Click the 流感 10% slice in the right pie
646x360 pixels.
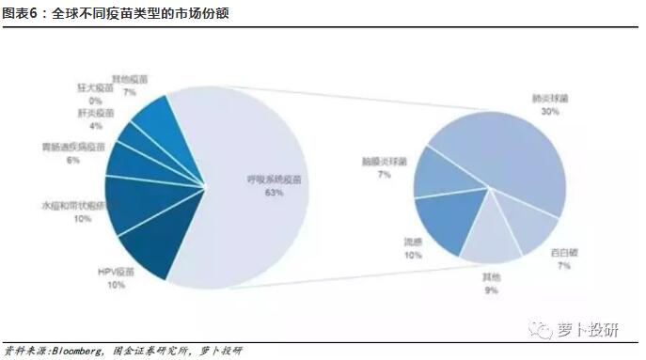[x=451, y=221]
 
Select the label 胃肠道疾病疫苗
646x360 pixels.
[x=72, y=149]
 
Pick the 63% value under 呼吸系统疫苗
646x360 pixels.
[x=275, y=192]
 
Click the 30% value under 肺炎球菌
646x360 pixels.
[x=550, y=111]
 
